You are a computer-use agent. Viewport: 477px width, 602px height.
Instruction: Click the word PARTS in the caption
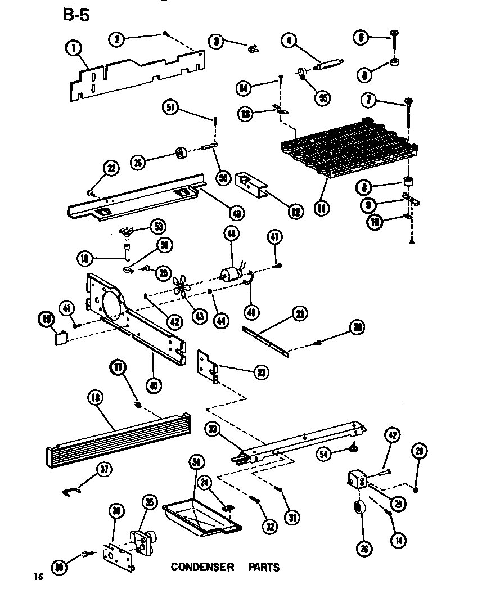pyautogui.click(x=264, y=567)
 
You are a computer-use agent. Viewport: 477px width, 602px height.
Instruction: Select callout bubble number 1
pyautogui.click(x=73, y=49)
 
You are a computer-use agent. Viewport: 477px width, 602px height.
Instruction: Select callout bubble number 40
pyautogui.click(x=153, y=385)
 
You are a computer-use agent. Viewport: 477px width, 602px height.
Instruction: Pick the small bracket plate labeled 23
pyautogui.click(x=208, y=366)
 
